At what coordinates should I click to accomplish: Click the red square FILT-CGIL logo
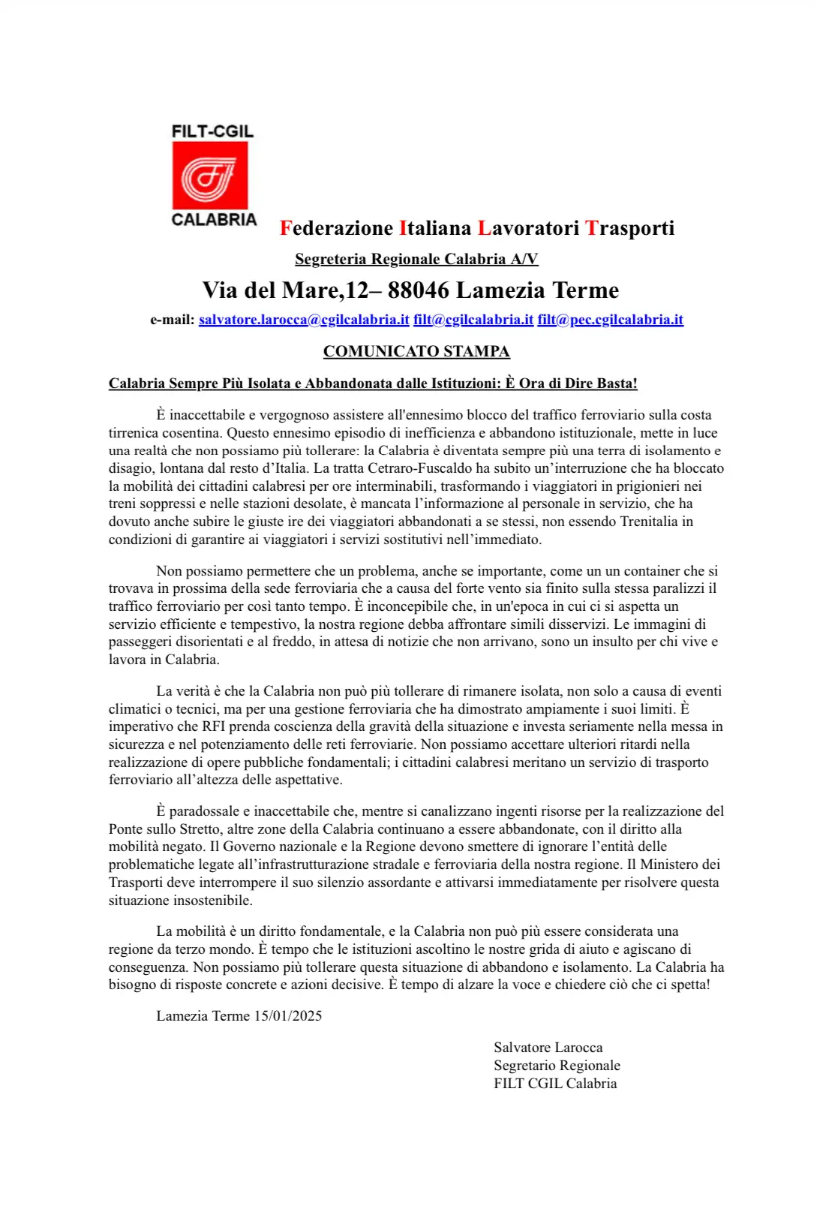click(210, 176)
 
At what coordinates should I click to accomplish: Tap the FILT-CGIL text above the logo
click(212, 131)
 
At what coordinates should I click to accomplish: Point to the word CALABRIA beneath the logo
click(214, 220)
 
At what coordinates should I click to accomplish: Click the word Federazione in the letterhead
click(337, 228)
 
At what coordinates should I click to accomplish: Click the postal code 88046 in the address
click(418, 290)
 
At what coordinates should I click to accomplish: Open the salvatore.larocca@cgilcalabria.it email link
click(304, 320)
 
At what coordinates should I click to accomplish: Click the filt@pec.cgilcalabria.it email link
click(610, 320)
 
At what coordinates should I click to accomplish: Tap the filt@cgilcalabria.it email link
click(473, 320)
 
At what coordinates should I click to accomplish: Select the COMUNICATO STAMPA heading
click(416, 351)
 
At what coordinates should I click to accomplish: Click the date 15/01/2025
click(288, 1016)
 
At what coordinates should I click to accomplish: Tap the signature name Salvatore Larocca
click(548, 1048)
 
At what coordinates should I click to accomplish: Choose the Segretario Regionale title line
click(557, 1066)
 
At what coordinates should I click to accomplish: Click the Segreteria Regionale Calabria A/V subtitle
click(416, 260)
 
